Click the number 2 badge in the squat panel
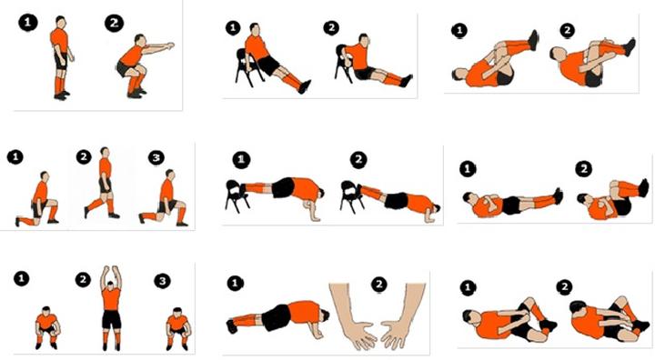(x=114, y=24)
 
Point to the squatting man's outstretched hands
(x=169, y=45)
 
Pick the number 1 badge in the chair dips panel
(x=233, y=28)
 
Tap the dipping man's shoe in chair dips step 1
(x=306, y=86)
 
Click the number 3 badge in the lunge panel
(x=156, y=157)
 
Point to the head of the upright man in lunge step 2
(x=105, y=152)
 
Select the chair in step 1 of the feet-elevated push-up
(x=237, y=195)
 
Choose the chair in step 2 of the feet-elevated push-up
(x=351, y=196)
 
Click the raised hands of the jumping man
(x=111, y=272)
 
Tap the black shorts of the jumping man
(x=111, y=319)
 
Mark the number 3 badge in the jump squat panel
(x=163, y=281)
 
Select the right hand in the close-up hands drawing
(x=401, y=316)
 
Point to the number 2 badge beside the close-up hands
(x=378, y=285)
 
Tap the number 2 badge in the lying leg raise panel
(x=583, y=169)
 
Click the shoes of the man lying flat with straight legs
(x=558, y=195)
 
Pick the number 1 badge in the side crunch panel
(x=468, y=287)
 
